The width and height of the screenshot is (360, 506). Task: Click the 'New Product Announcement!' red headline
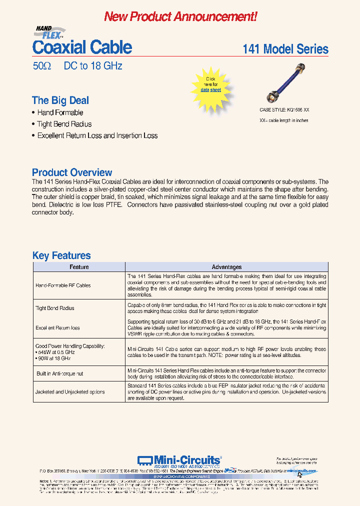[180, 16]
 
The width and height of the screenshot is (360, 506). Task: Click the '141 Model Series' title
[285, 49]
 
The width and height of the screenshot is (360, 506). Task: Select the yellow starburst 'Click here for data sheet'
[210, 84]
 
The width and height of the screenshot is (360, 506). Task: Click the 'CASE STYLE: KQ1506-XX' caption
[284, 109]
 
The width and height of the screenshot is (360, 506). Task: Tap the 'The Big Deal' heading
[60, 100]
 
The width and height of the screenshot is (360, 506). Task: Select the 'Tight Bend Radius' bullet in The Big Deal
[64, 124]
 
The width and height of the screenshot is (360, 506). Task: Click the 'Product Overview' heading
[72, 172]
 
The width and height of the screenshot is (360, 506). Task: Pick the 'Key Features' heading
[61, 255]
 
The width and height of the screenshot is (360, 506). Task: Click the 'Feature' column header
[79, 267]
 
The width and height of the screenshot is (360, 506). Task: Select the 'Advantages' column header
[226, 267]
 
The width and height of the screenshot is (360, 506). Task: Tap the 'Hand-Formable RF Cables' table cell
[63, 285]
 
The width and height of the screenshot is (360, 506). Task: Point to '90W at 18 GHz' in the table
[56, 358]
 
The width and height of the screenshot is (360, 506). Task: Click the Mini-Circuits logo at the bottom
[178, 460]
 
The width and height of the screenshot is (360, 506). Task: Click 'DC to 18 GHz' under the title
[93, 66]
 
